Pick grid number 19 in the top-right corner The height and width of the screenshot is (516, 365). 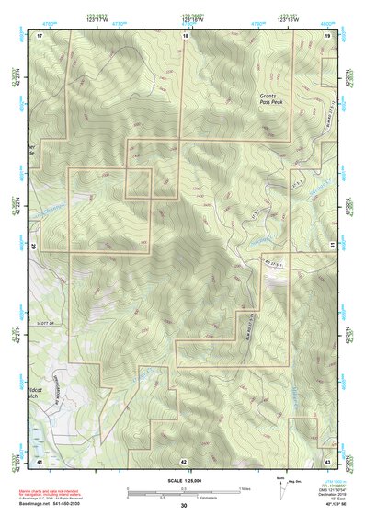327,34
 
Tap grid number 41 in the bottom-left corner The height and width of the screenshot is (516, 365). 40,460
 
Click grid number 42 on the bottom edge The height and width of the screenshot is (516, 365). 184,461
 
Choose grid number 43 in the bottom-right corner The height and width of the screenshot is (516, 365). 327,460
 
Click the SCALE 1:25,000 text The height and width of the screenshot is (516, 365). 184,481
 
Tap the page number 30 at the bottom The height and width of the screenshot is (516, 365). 184,506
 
